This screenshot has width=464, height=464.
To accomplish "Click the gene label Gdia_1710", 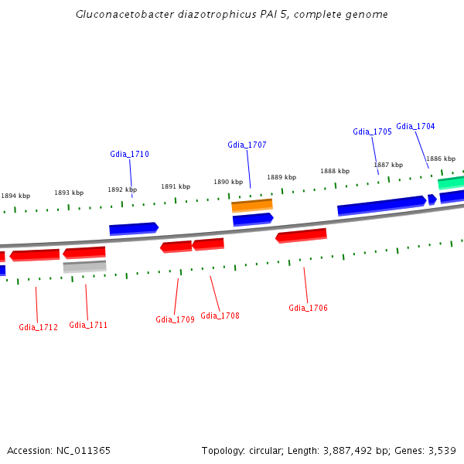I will tap(129, 154).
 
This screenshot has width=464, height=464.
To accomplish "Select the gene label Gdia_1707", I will tap(247, 145).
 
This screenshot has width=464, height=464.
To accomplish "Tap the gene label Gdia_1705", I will tap(372, 131).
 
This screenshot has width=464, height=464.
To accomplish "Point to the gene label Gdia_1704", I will tap(415, 126).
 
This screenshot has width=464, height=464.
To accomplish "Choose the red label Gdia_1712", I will tap(38, 327).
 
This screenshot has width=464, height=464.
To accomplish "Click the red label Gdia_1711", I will tap(88, 325).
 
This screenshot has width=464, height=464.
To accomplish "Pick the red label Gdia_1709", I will tap(175, 319).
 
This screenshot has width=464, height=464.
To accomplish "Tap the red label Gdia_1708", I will tap(220, 316).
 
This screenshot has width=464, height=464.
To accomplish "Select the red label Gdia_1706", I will tap(308, 308).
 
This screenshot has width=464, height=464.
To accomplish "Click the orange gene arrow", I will tap(252, 206).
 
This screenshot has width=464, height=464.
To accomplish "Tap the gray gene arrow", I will tap(84, 267).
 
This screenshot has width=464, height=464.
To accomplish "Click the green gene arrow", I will tap(452, 183).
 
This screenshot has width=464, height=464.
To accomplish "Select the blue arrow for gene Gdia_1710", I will tap(134, 229).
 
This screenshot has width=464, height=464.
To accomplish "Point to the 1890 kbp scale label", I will tap(228, 182).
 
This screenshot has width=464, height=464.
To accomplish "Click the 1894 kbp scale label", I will tap(15, 196).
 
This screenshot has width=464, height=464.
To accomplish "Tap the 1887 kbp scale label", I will tap(388, 165).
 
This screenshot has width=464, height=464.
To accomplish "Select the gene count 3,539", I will tap(441, 450).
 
